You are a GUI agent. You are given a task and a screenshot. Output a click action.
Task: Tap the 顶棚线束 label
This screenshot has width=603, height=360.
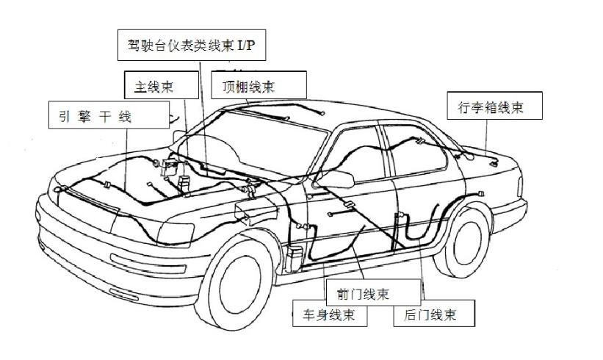(x=248, y=86)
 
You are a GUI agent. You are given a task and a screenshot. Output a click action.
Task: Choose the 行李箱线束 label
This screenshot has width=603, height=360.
(x=485, y=107)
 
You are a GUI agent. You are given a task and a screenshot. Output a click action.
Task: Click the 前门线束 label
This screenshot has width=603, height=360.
(x=364, y=294)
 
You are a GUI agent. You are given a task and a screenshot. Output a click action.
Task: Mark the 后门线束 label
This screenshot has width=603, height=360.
(x=430, y=315)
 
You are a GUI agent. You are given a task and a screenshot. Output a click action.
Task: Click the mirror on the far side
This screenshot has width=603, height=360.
(x=178, y=137)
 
